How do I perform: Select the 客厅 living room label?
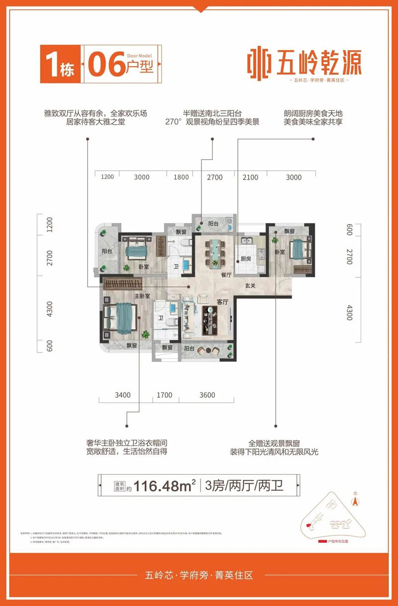click(x=222, y=302)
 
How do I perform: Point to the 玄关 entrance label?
click(x=250, y=286)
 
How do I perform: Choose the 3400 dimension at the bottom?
click(x=122, y=395)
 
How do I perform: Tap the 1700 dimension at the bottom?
click(x=164, y=395)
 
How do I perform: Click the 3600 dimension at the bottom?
click(x=207, y=395)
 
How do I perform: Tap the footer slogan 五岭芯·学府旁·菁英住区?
click(x=199, y=576)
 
